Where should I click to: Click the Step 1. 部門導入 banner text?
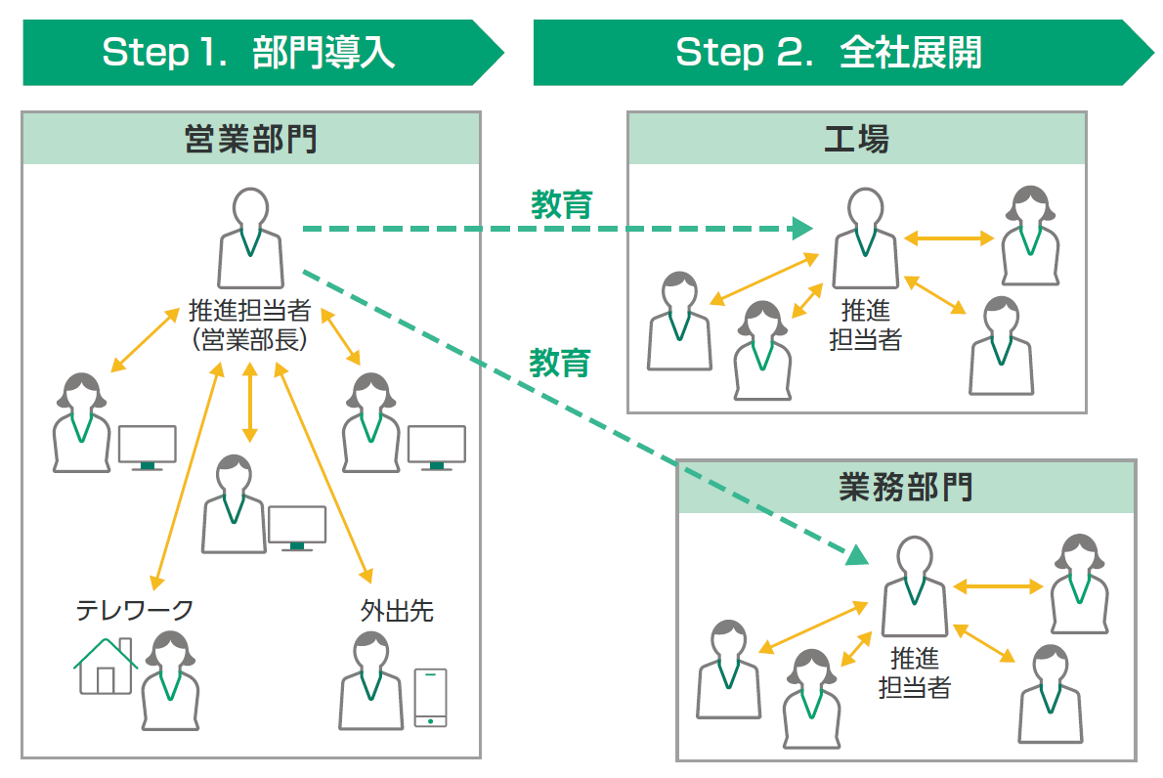tap(248, 52)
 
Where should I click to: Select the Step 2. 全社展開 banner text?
tap(829, 52)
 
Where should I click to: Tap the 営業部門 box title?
tap(250, 140)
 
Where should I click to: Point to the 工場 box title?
tap(856, 140)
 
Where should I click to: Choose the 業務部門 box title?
tap(906, 487)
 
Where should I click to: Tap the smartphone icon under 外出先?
tap(430, 697)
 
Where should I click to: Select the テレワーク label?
tap(135, 611)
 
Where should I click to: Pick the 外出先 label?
tap(397, 611)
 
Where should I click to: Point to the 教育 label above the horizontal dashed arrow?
tap(562, 204)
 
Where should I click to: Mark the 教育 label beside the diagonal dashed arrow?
tap(560, 363)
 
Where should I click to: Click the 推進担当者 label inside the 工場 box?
tap(865, 325)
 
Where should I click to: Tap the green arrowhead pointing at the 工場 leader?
tap(802, 230)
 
